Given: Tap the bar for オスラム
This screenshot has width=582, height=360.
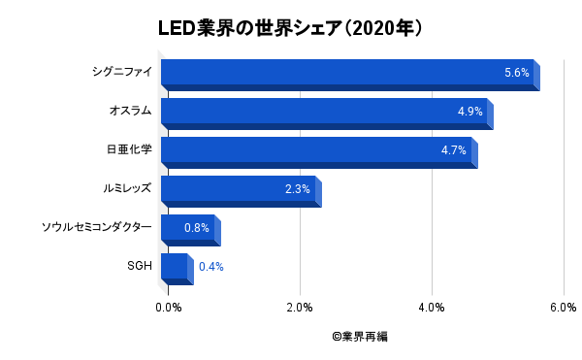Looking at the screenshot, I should tap(325, 113).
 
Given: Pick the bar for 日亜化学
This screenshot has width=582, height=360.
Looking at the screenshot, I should tap(317, 151).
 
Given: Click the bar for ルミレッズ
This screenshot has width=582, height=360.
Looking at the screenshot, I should tap(239, 190).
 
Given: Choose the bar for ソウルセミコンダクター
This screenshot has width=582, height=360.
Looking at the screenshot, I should tap(188, 229).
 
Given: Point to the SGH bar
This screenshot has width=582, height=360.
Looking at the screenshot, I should tap(176, 267).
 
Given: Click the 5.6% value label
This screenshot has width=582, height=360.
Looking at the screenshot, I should tap(516, 73).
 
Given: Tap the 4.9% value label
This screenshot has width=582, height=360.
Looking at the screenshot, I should tap(469, 112).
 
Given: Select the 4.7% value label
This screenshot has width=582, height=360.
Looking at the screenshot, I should tap(453, 150).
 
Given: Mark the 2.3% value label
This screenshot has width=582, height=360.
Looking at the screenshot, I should tap(297, 189).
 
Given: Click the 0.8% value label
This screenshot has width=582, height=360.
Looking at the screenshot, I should tap(197, 228).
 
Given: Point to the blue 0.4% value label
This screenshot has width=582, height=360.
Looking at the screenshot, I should tap(210, 267).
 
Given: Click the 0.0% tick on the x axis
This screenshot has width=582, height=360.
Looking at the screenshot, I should tap(168, 308).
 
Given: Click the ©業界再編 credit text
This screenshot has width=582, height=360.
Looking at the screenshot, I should tap(359, 337).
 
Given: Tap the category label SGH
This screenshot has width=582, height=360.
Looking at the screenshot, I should tap(139, 266).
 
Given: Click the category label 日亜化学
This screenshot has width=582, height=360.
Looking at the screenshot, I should tap(128, 149).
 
